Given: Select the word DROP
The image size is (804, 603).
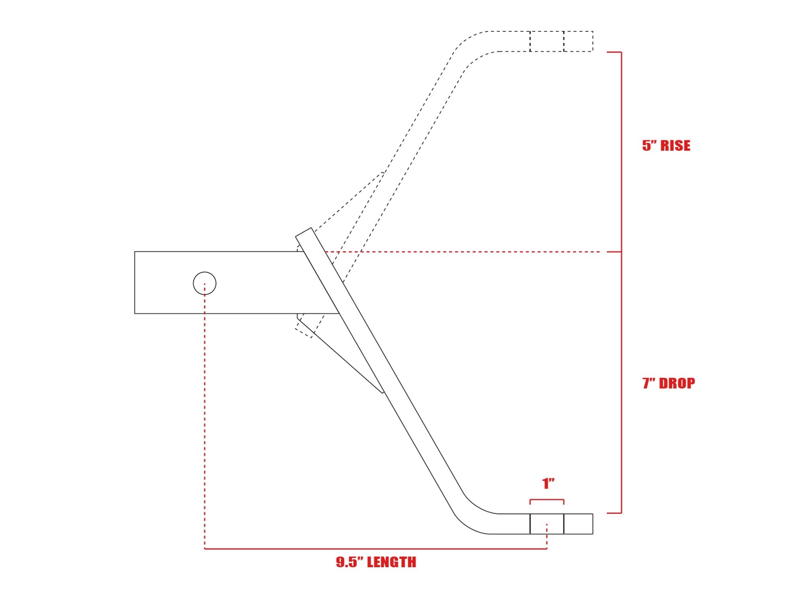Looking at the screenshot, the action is pyautogui.click(x=677, y=384).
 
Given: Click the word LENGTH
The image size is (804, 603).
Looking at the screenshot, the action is pyautogui.click(x=392, y=562).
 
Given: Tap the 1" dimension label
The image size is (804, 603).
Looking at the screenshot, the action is pyautogui.click(x=548, y=483).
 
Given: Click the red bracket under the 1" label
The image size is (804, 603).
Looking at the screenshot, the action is pyautogui.click(x=547, y=500).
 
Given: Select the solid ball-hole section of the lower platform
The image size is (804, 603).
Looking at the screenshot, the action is pyautogui.click(x=547, y=524).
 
